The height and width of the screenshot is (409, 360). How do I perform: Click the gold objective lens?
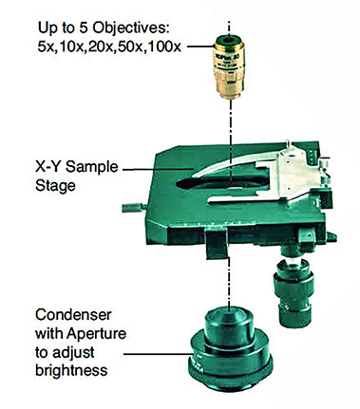click(x=229, y=66)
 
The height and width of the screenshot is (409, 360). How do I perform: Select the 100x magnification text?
click(x=164, y=46)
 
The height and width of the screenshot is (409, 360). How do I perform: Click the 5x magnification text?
click(x=47, y=46)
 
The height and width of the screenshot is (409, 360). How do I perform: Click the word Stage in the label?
click(x=55, y=186)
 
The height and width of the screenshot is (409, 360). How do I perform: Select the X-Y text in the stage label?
click(x=48, y=167)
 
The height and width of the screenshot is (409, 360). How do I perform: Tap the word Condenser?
click(x=73, y=315)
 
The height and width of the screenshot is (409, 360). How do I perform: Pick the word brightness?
click(x=71, y=370)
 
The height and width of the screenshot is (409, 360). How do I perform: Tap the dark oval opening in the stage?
click(x=222, y=182)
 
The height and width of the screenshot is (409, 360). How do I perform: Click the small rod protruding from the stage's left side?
click(x=133, y=208)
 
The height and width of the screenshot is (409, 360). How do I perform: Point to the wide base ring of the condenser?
click(x=230, y=367)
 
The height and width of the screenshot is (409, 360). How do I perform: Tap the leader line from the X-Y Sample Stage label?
click(x=159, y=170)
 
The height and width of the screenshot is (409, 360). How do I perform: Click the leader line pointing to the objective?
click(x=200, y=46)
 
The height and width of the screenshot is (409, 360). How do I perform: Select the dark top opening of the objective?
click(x=229, y=40)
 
